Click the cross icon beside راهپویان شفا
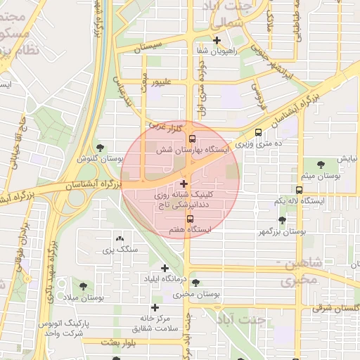(x=217, y=40)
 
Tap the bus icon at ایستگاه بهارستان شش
(x=193, y=139)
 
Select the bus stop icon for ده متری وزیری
(x=258, y=131)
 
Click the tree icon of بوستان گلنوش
(x=100, y=148)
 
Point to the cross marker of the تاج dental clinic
(x=184, y=184)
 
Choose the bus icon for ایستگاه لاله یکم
(x=300, y=190)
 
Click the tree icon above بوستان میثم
(x=321, y=165)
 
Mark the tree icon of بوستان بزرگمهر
(x=282, y=220)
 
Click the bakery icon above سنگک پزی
(x=119, y=239)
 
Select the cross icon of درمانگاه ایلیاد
(x=165, y=268)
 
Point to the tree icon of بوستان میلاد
(x=84, y=286)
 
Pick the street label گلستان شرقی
(x=336, y=307)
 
